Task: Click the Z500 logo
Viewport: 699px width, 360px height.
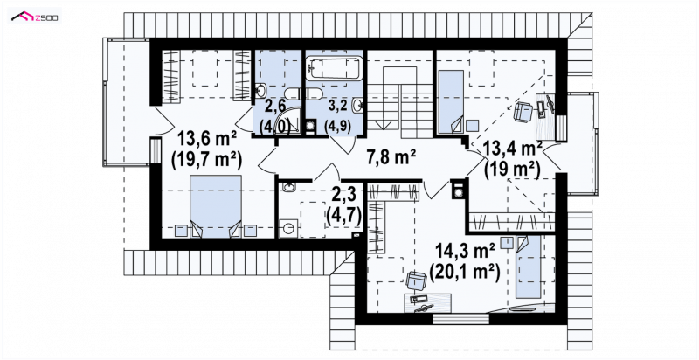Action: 35,17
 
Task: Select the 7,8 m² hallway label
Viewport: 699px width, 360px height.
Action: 391,156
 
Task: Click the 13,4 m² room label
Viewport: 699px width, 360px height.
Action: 513,149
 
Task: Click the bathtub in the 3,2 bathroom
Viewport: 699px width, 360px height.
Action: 335,68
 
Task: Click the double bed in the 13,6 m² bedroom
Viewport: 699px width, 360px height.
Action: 216,205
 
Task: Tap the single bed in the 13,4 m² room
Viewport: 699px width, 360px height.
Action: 451,101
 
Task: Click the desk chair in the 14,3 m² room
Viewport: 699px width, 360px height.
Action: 417,280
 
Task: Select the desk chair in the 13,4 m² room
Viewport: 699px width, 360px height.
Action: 523,111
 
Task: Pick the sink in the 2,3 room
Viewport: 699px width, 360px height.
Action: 289,188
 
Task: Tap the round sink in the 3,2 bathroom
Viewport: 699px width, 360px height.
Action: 357,106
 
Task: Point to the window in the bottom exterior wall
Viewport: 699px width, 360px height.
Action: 461,319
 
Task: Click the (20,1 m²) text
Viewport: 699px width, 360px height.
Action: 464,271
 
